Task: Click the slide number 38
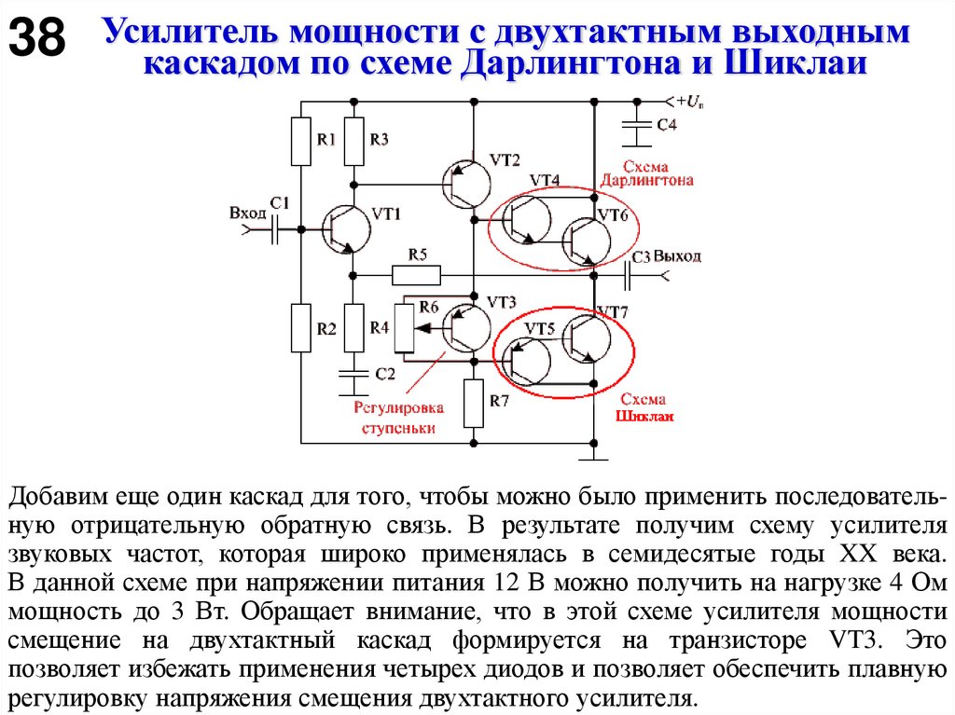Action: pos(37,38)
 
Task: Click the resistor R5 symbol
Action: pos(416,274)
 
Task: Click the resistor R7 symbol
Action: pos(474,403)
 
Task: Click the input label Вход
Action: pos(247,213)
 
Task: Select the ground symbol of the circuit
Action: pos(593,454)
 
